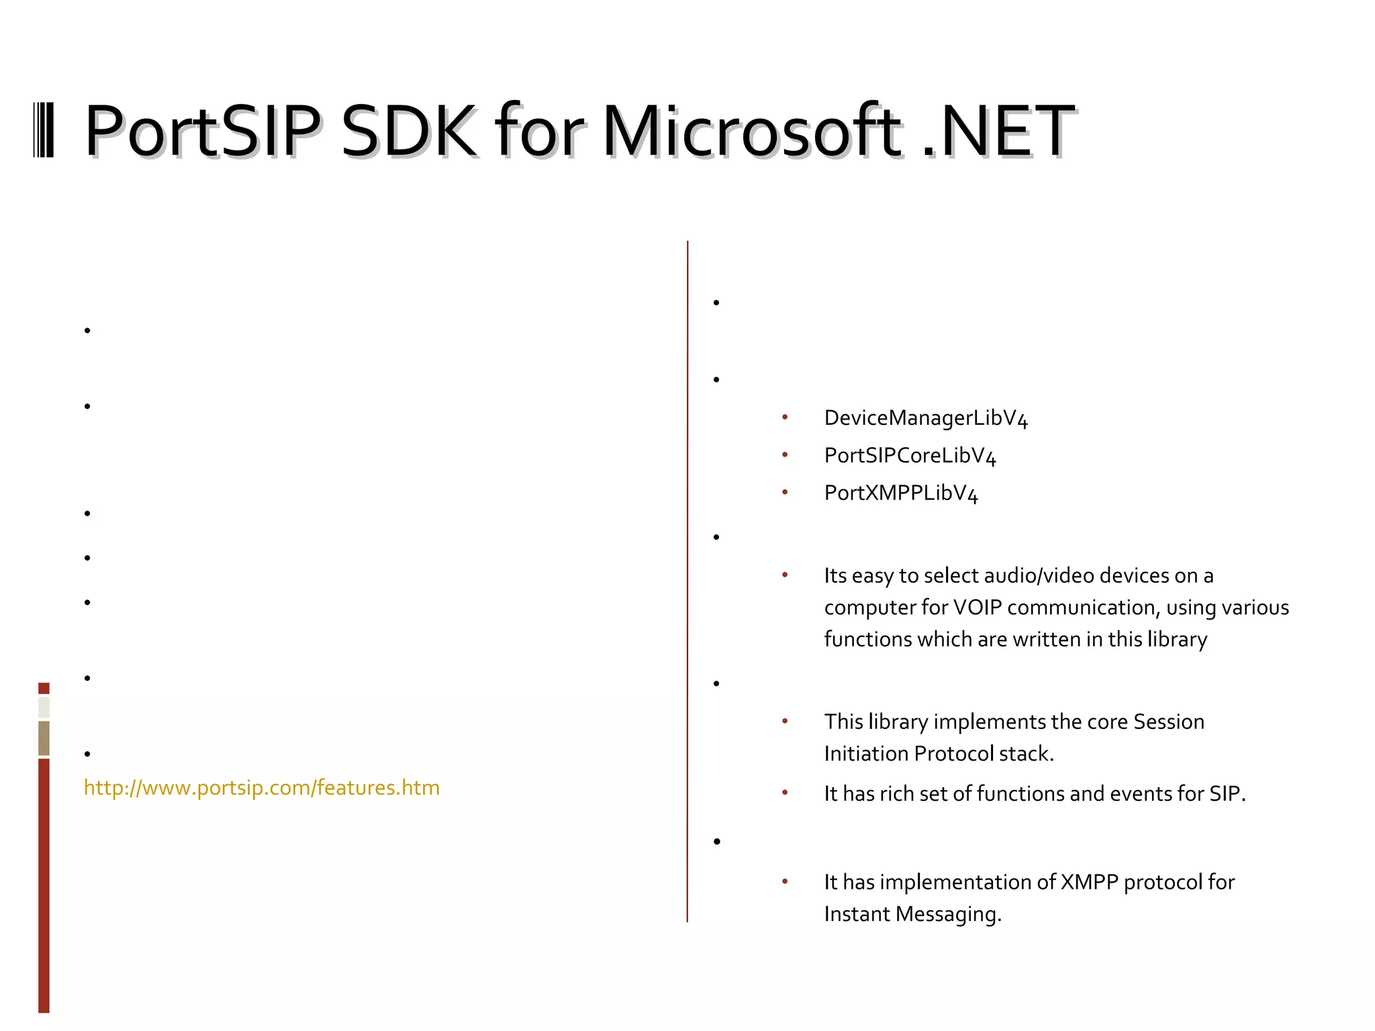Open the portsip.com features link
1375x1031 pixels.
click(262, 787)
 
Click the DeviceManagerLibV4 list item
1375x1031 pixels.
click(926, 418)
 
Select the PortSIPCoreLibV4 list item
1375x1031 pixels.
click(910, 456)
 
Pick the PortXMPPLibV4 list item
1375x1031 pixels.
click(901, 493)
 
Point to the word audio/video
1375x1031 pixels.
click(1039, 576)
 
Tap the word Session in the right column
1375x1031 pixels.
click(1168, 722)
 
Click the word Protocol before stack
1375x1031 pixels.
click(953, 754)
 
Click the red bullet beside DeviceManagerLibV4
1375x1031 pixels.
click(785, 418)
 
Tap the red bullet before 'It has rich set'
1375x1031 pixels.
click(785, 793)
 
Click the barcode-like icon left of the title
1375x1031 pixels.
click(44, 130)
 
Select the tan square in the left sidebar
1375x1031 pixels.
click(44, 738)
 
